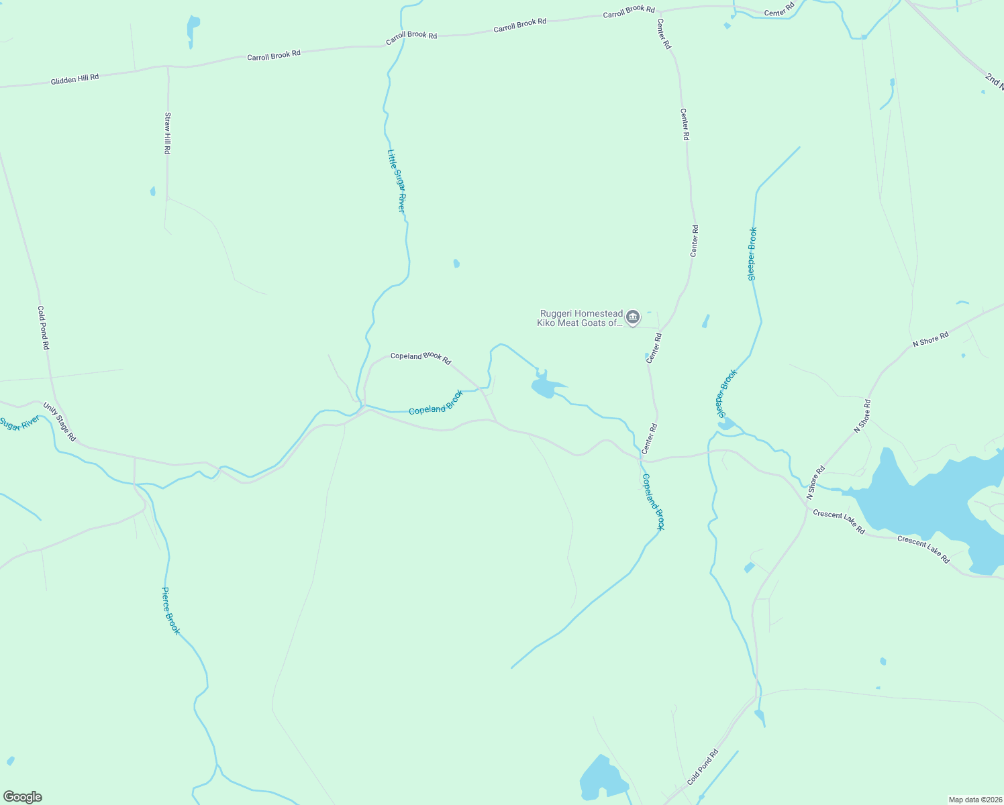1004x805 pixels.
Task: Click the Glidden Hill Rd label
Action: click(x=74, y=79)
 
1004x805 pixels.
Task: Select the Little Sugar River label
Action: click(x=396, y=181)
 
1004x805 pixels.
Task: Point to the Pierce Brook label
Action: click(x=171, y=611)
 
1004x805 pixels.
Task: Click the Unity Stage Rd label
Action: click(x=60, y=422)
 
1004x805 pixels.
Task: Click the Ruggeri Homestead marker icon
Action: click(x=632, y=317)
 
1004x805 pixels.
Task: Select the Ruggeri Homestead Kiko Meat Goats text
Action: click(x=581, y=318)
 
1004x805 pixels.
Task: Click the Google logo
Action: click(x=23, y=797)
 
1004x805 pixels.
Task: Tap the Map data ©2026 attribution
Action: click(x=975, y=800)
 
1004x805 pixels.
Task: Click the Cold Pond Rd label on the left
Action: click(x=43, y=328)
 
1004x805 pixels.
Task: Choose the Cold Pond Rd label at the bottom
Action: click(x=703, y=767)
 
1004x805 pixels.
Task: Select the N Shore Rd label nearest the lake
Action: click(x=815, y=483)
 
